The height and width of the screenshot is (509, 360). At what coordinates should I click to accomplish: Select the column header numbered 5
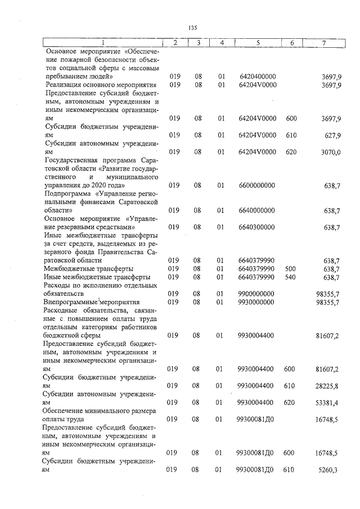[257, 43]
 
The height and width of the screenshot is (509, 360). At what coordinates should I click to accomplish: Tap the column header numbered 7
[324, 43]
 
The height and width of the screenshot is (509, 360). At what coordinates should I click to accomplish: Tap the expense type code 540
[291, 277]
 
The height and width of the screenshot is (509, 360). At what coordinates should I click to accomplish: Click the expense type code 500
[291, 269]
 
